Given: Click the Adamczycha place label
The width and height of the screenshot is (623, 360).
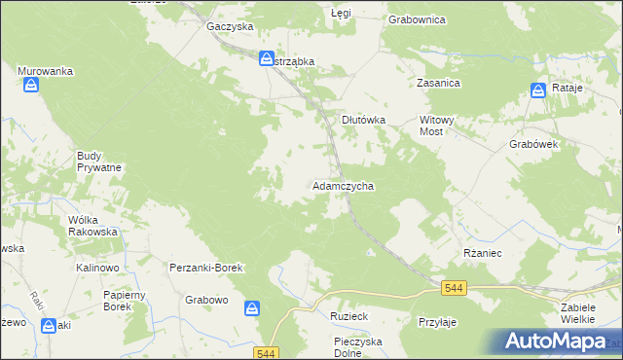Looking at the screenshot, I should pos(343,185).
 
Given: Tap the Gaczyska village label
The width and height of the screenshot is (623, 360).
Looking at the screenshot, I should pos(230,27).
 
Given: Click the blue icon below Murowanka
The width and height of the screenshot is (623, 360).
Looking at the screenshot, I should pos(32,86).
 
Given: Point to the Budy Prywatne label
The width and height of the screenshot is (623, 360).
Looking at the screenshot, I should pos(99,162).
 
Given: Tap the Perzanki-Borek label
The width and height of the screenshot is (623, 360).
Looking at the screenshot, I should pos(205,267).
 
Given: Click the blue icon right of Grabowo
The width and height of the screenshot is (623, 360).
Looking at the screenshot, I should pos(252,308).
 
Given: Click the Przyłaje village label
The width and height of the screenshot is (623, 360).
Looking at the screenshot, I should pos(437,321).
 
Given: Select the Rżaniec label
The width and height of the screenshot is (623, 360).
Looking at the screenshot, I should pos(482,251).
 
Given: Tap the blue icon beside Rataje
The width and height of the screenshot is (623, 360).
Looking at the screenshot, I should pos(538,90).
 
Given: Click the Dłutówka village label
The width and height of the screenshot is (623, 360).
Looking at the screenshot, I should pos(363,120).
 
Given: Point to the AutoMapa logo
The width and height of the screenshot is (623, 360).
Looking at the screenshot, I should pos(563,342).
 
